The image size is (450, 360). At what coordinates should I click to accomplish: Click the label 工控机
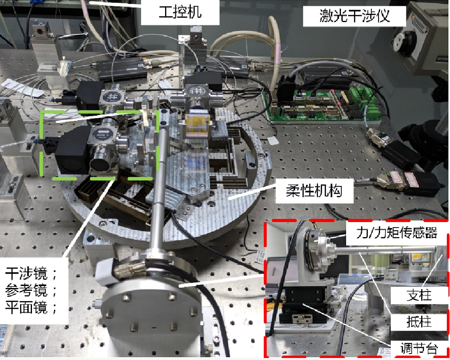180,12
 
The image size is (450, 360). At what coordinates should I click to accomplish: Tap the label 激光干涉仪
354,16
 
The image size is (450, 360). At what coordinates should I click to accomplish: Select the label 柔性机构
314,190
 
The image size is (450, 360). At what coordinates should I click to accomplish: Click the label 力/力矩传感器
397,232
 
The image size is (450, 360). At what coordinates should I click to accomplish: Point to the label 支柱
419,295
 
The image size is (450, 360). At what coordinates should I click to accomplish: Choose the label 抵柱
419,321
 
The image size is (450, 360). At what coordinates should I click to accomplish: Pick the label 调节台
419,349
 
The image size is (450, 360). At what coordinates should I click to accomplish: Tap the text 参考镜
26,290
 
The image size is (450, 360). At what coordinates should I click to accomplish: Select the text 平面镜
26,308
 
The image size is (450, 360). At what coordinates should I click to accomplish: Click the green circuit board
323,104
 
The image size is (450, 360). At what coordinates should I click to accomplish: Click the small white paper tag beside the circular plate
273,141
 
